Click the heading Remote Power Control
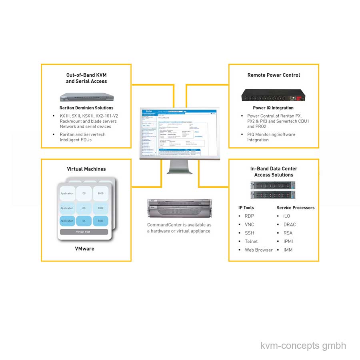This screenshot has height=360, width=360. point(274,75)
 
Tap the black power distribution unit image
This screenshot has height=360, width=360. point(273,95)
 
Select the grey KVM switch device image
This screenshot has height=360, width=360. point(86,97)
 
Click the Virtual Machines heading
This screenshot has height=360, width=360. point(86,169)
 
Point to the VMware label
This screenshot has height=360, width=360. point(85,249)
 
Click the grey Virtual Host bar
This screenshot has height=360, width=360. point(84,232)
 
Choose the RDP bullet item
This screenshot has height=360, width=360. point(249,216)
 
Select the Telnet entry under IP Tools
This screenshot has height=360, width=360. point(251,242)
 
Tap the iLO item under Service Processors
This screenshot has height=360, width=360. point(286,216)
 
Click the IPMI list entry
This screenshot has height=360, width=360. point(288,242)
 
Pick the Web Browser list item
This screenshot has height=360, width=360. point(259,250)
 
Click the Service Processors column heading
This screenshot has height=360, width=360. point(296,208)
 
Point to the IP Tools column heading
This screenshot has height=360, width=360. point(246,208)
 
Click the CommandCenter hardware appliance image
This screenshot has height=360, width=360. point(180,208)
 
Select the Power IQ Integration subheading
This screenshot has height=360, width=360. point(273,108)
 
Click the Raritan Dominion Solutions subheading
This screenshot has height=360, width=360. point(86,108)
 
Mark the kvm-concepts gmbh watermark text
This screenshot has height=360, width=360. point(303,346)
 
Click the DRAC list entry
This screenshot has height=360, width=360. point(289,225)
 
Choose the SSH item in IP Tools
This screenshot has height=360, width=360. point(249,233)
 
